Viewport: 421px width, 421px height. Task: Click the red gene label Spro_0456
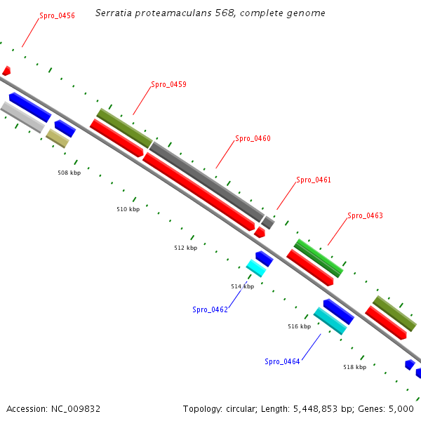[57, 15]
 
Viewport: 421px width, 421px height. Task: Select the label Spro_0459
[168, 85]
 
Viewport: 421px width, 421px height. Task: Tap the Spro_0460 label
[253, 139]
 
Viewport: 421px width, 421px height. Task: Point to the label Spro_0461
[313, 180]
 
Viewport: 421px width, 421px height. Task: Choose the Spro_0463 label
[365, 216]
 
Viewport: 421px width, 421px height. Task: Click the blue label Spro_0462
[210, 309]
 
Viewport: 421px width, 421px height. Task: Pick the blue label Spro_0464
[282, 361]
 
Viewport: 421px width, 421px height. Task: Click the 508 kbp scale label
[69, 173]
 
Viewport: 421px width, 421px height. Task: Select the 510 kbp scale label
[128, 209]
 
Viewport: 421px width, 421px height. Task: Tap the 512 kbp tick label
[185, 248]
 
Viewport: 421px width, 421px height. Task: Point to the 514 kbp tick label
[242, 286]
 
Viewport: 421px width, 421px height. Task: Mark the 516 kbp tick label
[299, 327]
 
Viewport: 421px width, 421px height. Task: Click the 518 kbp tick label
[354, 367]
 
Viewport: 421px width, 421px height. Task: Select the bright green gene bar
[319, 258]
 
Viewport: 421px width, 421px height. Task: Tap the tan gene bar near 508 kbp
[58, 138]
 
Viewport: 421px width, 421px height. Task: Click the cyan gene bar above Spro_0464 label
[330, 321]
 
